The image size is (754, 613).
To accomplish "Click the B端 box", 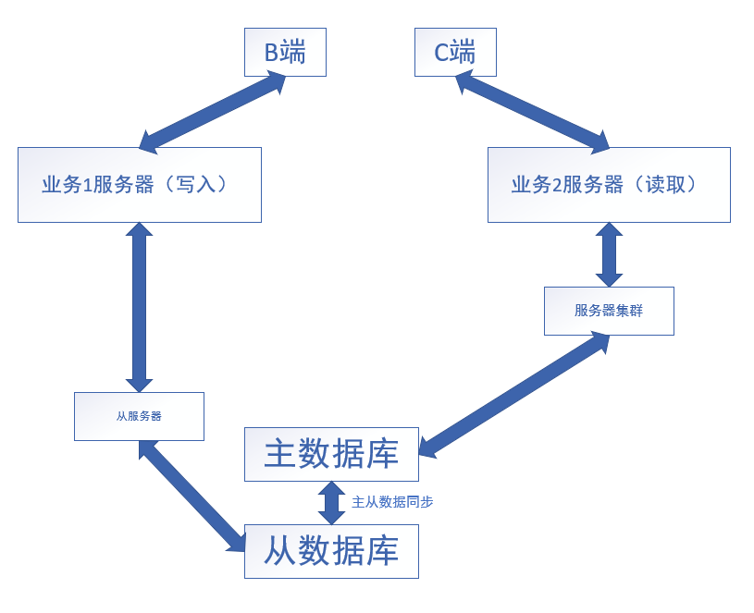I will [x=285, y=52].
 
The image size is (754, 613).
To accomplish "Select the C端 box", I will [x=454, y=52].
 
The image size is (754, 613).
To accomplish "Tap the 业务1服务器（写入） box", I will [x=139, y=185].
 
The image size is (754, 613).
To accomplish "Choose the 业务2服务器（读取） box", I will [x=609, y=185].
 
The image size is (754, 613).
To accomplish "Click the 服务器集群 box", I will [x=609, y=311].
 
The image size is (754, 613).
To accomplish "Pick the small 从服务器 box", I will [x=139, y=416].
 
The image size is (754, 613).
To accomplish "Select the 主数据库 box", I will [x=331, y=454].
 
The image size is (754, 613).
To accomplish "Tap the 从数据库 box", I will [x=331, y=551].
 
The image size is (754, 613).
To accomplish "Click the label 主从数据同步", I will [x=392, y=502].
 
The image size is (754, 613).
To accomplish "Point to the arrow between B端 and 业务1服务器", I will [x=212, y=112].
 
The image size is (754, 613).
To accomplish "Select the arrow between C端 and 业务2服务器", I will [x=532, y=114].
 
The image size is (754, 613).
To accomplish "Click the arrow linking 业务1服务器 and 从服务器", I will [x=139, y=307].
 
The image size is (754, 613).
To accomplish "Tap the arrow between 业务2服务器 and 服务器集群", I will [x=609, y=254].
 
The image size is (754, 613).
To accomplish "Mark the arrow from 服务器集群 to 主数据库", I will [x=514, y=395].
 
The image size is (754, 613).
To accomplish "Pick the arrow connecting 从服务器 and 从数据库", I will [x=192, y=497].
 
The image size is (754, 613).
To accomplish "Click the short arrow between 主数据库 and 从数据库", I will [x=331, y=503].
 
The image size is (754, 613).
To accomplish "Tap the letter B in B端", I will [x=271, y=53].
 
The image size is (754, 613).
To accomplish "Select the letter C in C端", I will [x=441, y=53].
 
